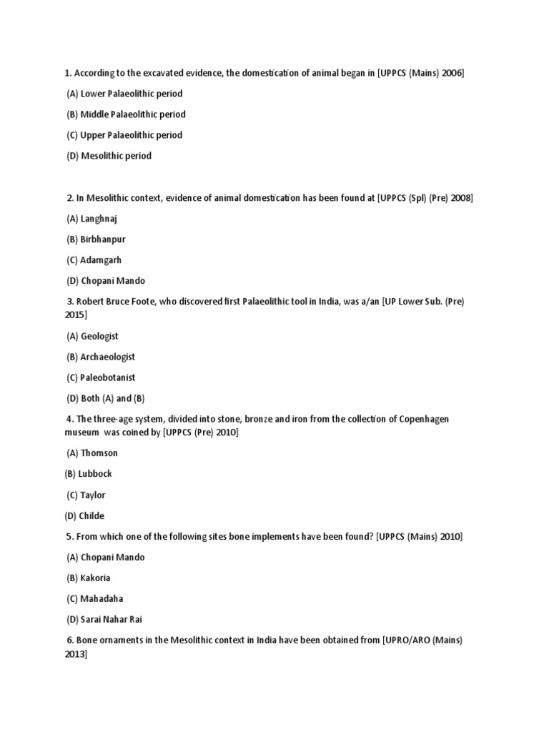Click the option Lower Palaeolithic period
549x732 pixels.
(x=124, y=94)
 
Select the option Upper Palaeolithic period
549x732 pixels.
(x=124, y=135)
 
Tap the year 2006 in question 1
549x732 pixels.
(x=452, y=73)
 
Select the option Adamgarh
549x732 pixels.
(x=95, y=260)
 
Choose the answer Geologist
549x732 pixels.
(x=92, y=336)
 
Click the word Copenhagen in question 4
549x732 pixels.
(x=422, y=419)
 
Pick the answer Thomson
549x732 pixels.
(x=92, y=453)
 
